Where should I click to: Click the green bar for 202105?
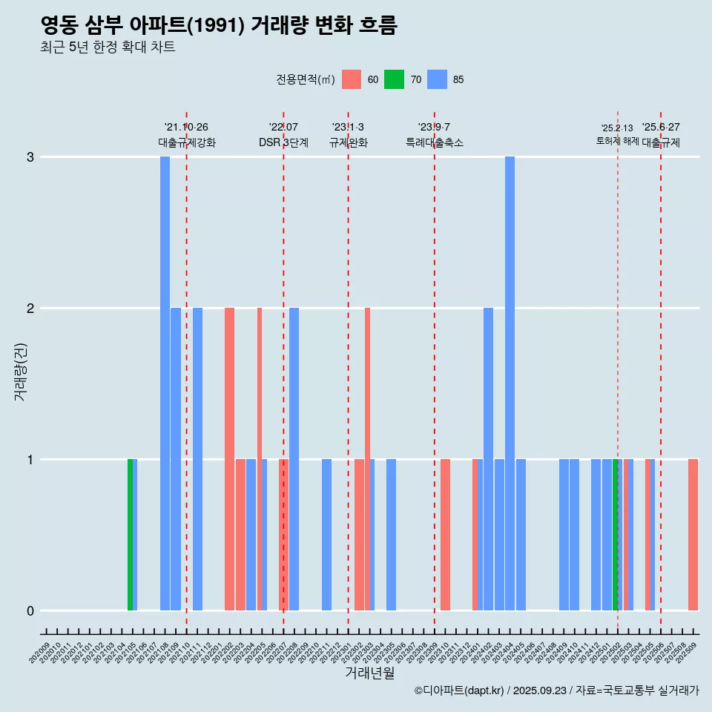click(130, 535)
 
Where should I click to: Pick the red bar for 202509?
click(693, 535)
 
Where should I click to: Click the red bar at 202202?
click(229, 459)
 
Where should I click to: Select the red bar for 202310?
click(445, 535)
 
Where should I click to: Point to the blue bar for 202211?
click(326, 535)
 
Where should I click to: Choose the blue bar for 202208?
click(294, 459)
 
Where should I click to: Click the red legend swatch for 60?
click(352, 79)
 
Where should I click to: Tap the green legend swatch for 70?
click(395, 79)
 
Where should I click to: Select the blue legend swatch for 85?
click(438, 79)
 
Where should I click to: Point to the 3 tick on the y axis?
click(30, 157)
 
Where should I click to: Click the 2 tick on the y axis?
click(30, 309)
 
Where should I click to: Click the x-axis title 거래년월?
click(369, 673)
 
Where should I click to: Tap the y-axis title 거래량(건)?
click(20, 371)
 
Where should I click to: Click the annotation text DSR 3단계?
click(283, 142)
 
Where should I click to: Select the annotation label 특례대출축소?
click(434, 142)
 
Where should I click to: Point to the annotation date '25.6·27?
click(661, 127)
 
